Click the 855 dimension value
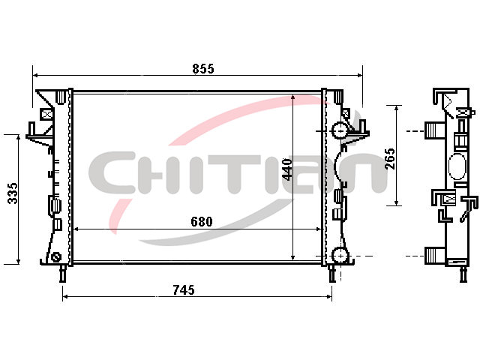point(203,68)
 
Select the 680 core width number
point(202,221)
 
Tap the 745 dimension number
point(184,289)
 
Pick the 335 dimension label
point(13,193)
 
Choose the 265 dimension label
point(390,159)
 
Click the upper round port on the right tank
point(340,130)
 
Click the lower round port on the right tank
point(340,255)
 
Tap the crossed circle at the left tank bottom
point(55,257)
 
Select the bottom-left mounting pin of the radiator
point(63,273)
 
